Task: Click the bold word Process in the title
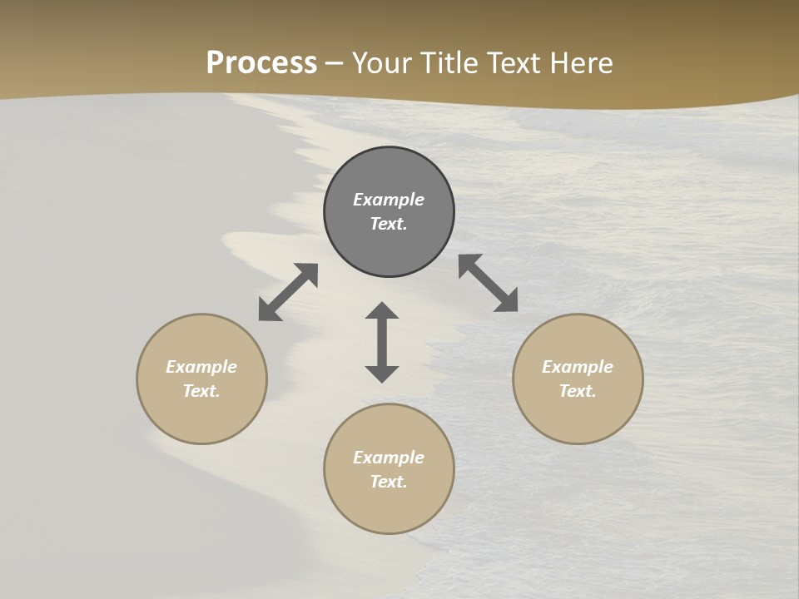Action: [x=261, y=63]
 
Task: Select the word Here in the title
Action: [x=582, y=63]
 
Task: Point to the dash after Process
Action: [x=335, y=64]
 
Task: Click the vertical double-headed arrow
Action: [x=382, y=342]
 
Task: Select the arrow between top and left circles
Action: [x=288, y=292]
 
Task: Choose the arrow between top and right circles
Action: [x=488, y=283]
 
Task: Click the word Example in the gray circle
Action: [x=389, y=200]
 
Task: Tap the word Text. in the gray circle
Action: [x=389, y=224]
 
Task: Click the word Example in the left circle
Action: [x=201, y=367]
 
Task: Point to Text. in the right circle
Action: [x=578, y=391]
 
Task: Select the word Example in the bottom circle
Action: [x=389, y=458]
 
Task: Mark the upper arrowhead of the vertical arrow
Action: [x=382, y=311]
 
